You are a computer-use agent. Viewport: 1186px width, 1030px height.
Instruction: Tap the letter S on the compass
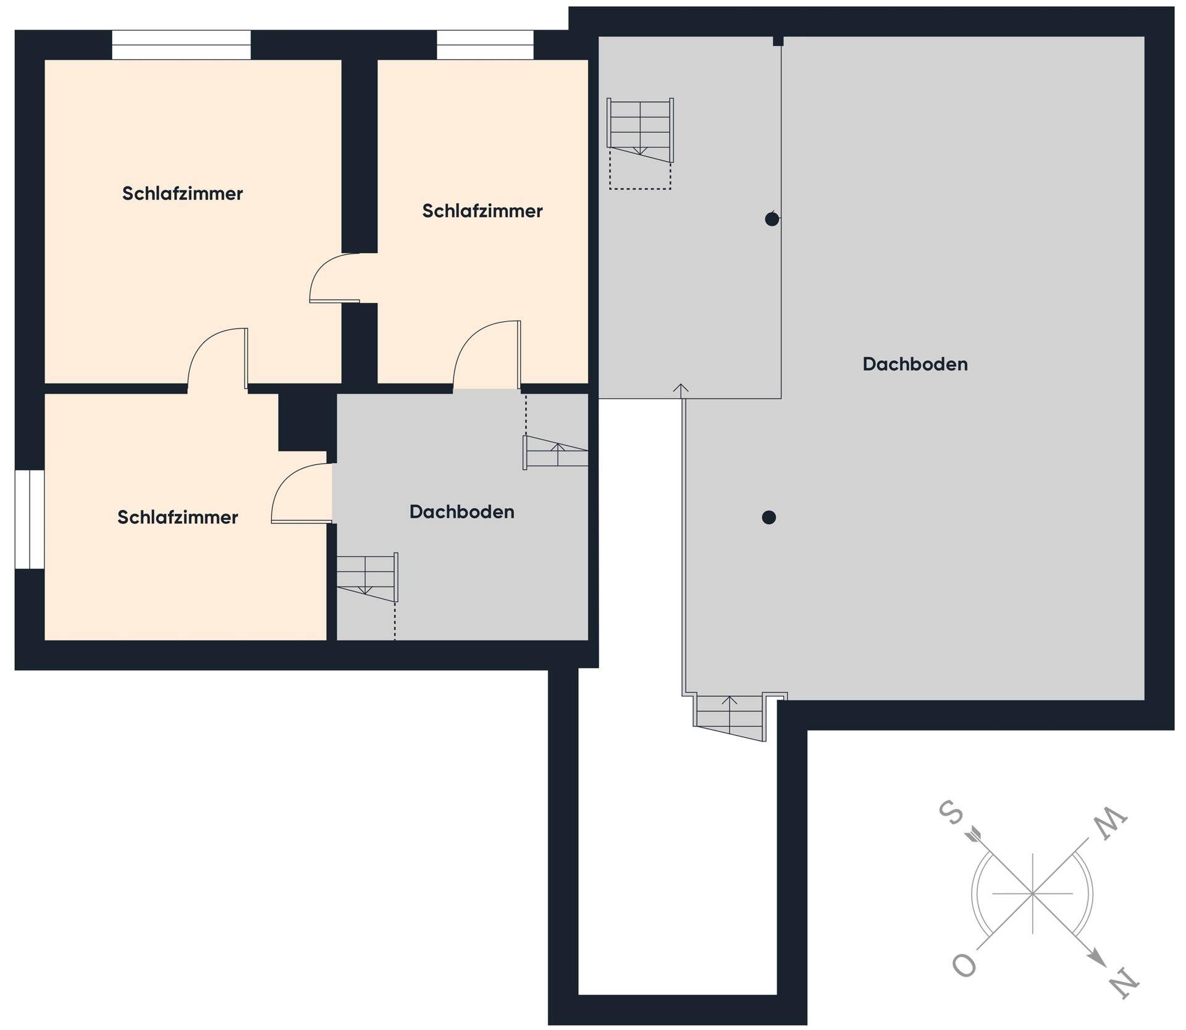coord(951,813)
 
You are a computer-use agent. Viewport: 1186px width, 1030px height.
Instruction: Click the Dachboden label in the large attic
coord(915,364)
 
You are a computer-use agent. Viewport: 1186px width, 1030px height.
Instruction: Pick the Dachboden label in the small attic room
coord(462,512)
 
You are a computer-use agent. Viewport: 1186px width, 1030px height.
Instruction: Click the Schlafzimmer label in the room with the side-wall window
coord(178,517)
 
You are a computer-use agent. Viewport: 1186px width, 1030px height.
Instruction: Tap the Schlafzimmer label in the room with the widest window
coord(182,193)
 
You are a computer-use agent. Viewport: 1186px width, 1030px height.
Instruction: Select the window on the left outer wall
coord(30,519)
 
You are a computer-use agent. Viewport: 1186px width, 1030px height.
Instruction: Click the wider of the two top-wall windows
coord(182,45)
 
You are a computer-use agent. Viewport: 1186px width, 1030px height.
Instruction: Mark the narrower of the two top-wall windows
coord(486,45)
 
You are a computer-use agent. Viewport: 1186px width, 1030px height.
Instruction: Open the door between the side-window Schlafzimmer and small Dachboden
coord(302,493)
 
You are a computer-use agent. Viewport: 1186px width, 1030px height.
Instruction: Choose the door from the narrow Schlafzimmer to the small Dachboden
coord(487,356)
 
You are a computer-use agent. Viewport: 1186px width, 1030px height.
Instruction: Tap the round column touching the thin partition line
coord(772,219)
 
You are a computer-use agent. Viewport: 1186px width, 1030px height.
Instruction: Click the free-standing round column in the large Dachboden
coord(769,517)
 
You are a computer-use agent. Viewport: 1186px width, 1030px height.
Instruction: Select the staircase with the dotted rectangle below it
coord(640,130)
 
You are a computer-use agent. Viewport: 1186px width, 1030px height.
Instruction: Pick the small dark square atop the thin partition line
coord(778,41)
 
